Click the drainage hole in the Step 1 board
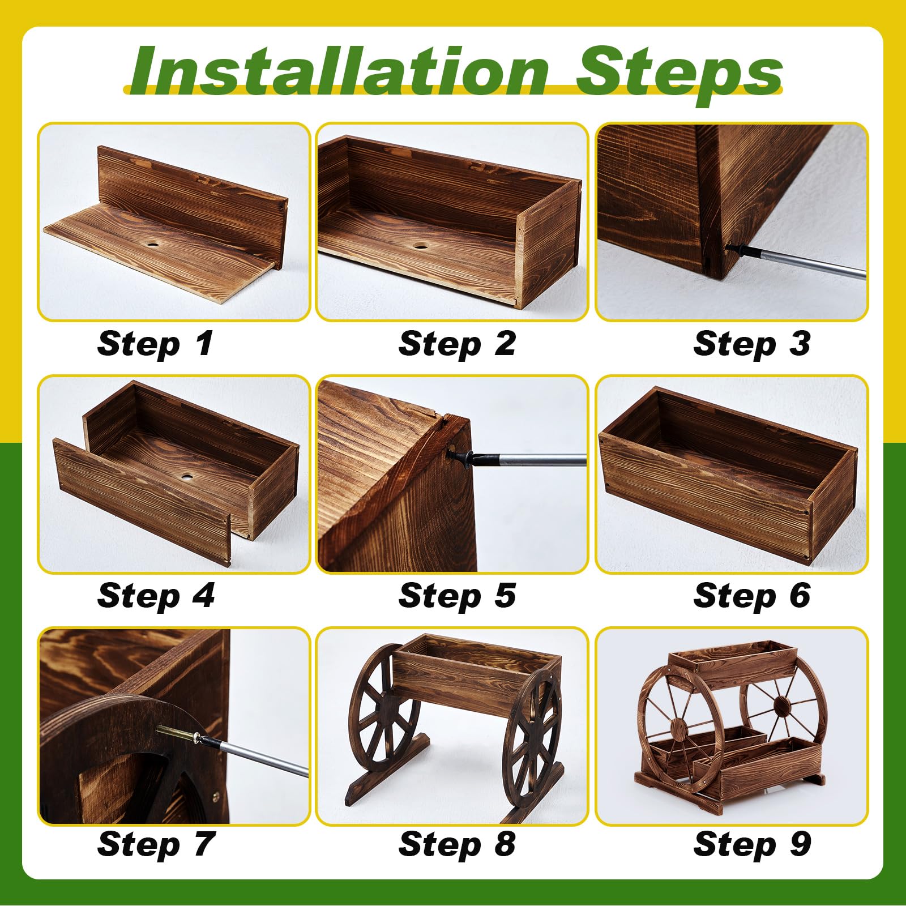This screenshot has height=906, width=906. (152, 245)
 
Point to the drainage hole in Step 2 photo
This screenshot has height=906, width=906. (420, 246)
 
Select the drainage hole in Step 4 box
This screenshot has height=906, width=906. (186, 478)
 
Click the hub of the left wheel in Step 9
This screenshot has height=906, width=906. (678, 725)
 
